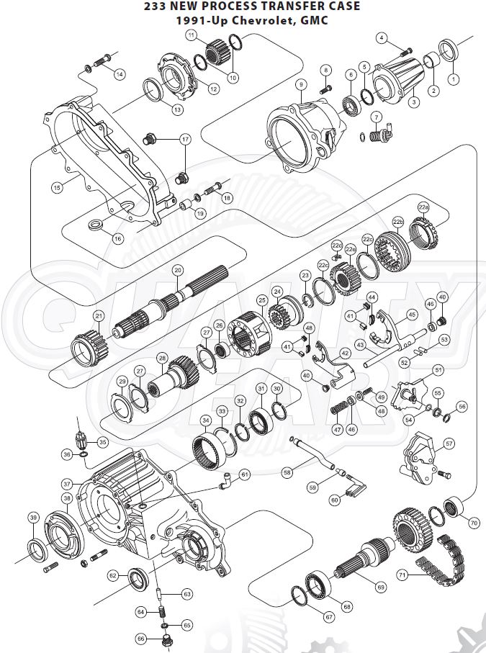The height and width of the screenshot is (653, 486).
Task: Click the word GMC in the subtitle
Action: pyautogui.click(x=312, y=20)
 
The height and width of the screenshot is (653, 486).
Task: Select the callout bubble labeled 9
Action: pyautogui.click(x=301, y=85)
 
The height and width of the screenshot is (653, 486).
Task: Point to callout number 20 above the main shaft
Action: pyautogui.click(x=178, y=269)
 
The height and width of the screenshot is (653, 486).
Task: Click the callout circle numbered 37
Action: pyautogui.click(x=67, y=484)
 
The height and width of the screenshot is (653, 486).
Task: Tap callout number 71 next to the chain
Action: pyautogui.click(x=402, y=575)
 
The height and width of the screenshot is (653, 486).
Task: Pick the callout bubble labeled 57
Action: pyautogui.click(x=448, y=444)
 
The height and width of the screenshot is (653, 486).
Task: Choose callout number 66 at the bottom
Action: pyautogui.click(x=141, y=638)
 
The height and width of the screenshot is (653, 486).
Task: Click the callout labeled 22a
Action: pyautogui.click(x=423, y=207)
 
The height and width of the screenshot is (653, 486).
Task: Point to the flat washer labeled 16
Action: pyautogui.click(x=94, y=227)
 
